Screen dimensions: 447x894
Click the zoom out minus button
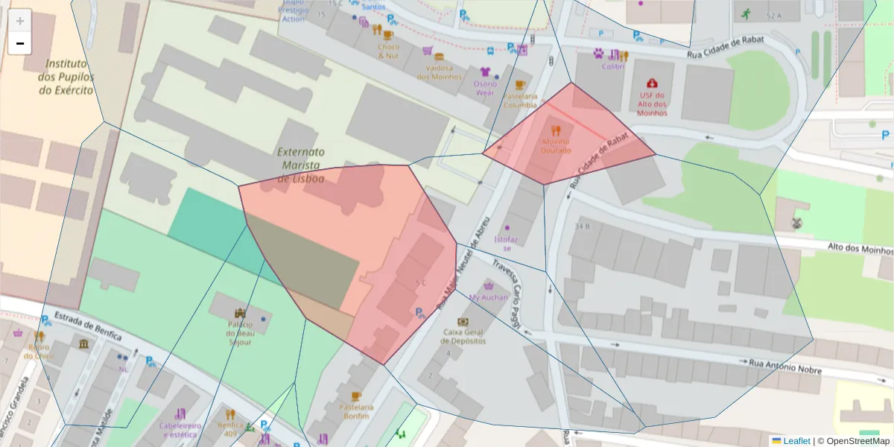(x=19, y=44)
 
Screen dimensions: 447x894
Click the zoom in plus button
(x=19, y=21)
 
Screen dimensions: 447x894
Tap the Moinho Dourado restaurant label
(x=556, y=146)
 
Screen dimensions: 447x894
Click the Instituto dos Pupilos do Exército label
(x=66, y=77)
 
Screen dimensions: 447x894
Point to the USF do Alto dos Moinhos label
(x=652, y=104)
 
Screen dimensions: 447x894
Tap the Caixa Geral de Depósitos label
(x=463, y=336)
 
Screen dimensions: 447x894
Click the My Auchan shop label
(x=488, y=297)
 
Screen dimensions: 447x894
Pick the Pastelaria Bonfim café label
(x=355, y=411)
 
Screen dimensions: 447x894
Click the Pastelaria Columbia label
(x=520, y=101)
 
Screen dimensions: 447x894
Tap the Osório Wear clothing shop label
(x=485, y=88)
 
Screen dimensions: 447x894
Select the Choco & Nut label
(x=388, y=51)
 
